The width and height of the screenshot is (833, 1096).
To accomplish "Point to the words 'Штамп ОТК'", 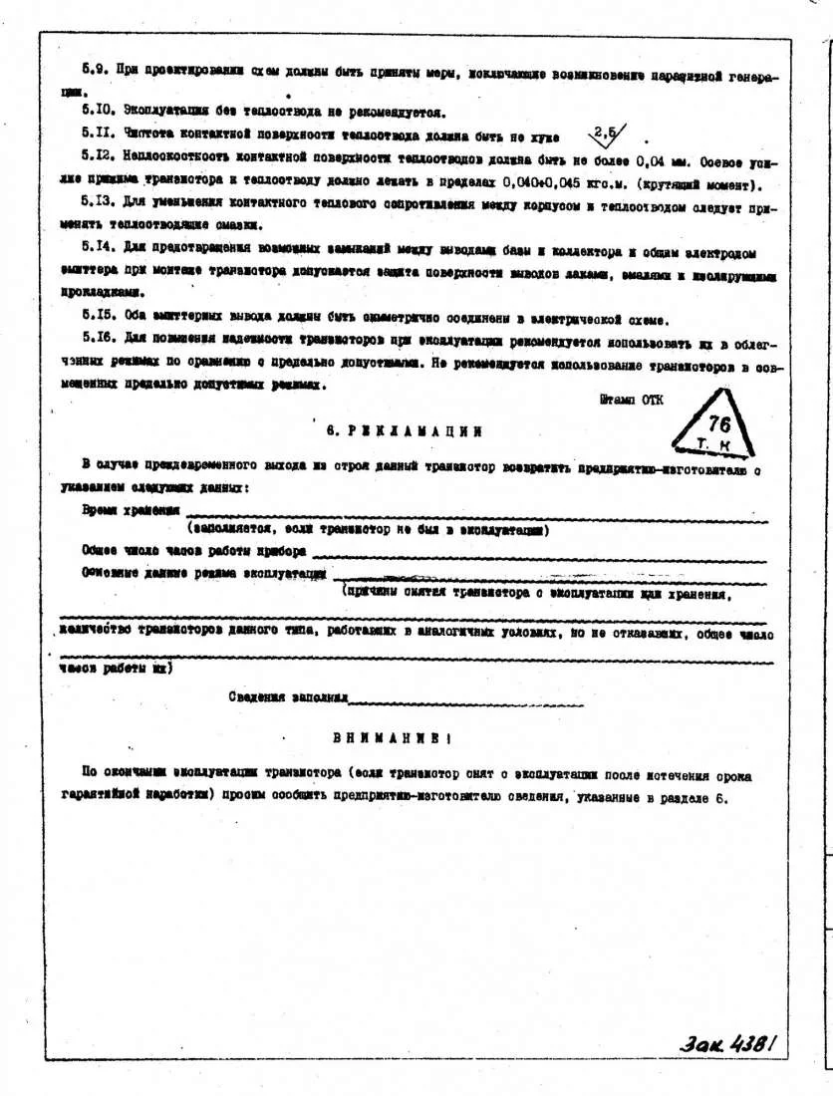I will (x=631, y=399).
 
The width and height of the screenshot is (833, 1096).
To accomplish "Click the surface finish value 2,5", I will (x=606, y=133).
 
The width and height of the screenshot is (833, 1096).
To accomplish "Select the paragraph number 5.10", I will (x=97, y=112).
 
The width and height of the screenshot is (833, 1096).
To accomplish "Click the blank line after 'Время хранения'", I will (x=478, y=511).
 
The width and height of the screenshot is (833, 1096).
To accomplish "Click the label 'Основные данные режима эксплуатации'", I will (x=205, y=573).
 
